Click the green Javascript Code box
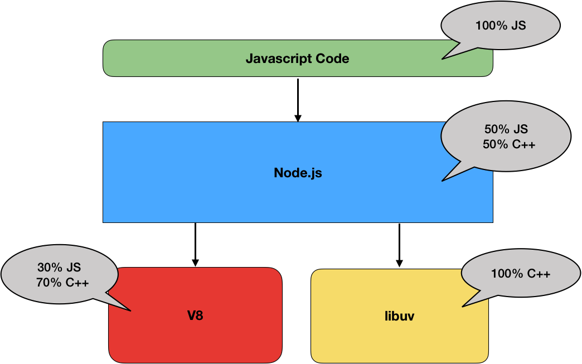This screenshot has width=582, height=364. pos(223,59)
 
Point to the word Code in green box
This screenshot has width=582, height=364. pos(332,59)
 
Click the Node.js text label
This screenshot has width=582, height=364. pos(298,173)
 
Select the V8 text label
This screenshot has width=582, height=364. pos(195,316)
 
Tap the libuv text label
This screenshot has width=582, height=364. pos(399,317)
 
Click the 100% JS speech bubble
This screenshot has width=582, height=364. pos(500,26)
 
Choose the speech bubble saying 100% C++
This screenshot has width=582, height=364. pos(521,274)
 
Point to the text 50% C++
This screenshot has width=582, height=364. pos(509,144)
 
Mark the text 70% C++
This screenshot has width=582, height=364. pos(62,283)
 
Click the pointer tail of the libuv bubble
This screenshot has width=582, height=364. pos(471,299)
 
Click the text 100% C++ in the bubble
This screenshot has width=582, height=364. pos(521,274)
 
